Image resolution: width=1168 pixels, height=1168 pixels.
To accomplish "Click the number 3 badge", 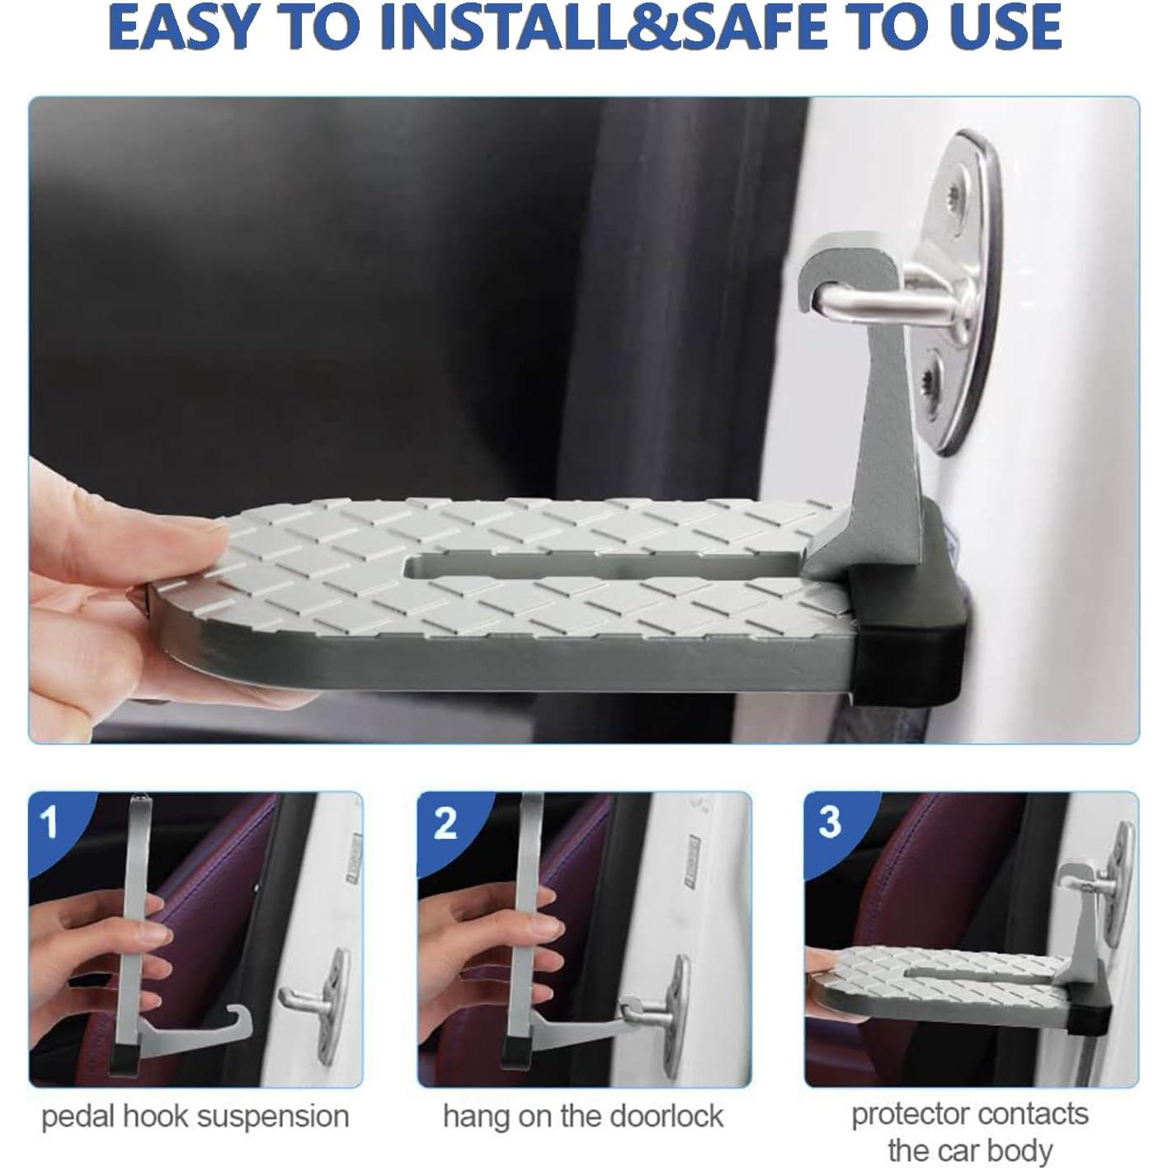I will (x=830, y=822).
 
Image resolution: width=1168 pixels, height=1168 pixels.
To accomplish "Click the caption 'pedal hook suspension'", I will (x=195, y=1116).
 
